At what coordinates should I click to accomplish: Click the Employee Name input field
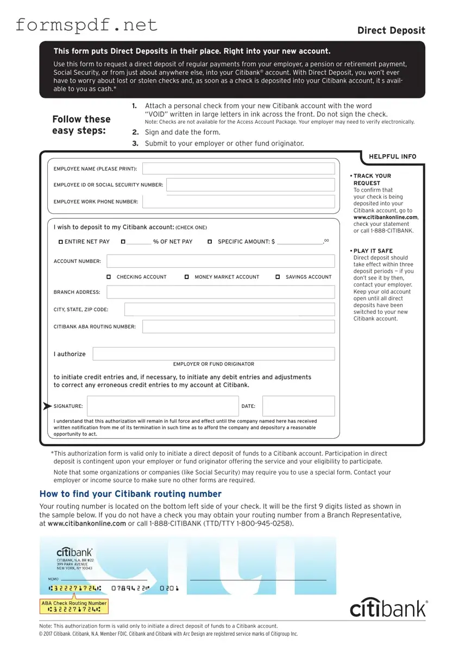click(x=238, y=169)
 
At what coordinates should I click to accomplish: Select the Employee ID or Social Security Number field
click(x=250, y=185)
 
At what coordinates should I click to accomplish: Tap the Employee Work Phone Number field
click(x=238, y=202)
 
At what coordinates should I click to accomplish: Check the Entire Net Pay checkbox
click(x=61, y=242)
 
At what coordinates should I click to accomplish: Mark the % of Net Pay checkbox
click(x=123, y=242)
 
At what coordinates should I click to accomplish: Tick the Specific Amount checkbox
click(x=210, y=242)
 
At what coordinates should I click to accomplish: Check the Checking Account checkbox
click(x=109, y=277)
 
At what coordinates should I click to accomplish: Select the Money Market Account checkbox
click(x=186, y=277)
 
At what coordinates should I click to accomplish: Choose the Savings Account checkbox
click(x=278, y=277)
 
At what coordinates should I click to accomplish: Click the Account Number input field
click(x=221, y=261)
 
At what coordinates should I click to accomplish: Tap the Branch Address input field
click(x=221, y=292)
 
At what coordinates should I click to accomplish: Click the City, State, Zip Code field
click(x=229, y=309)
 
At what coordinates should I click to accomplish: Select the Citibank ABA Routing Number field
click(x=238, y=327)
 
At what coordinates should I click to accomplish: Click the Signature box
click(x=162, y=406)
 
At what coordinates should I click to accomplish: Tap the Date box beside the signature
click(x=298, y=406)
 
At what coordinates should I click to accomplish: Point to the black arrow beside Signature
click(x=48, y=406)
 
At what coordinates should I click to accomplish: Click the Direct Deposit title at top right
click(x=391, y=30)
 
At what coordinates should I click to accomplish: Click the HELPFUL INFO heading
click(x=392, y=156)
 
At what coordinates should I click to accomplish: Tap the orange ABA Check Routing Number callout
click(x=74, y=606)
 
